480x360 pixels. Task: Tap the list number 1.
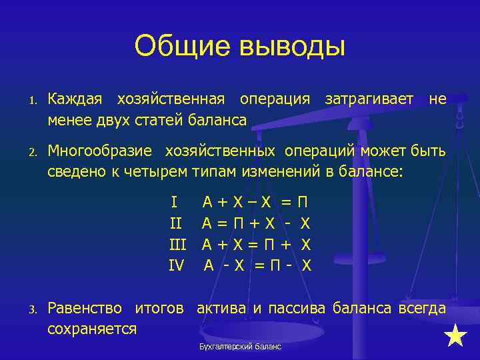tap(31, 101)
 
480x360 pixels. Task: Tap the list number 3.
tap(31, 309)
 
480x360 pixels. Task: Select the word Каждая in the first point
tap(75, 99)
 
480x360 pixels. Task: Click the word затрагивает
tap(369, 99)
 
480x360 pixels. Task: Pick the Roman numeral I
tap(174, 202)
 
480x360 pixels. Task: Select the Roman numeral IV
tap(176, 266)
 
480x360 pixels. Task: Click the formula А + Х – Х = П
tap(256, 202)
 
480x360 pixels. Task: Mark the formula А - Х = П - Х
tap(257, 266)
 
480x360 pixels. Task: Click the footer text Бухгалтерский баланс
tap(240, 347)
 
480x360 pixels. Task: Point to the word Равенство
tap(85, 308)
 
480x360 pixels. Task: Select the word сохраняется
tap(92, 328)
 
